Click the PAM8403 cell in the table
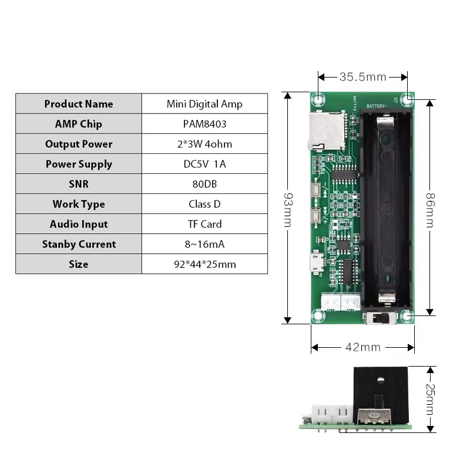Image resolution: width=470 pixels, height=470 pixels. [x=204, y=124]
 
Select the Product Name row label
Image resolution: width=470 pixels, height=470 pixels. [x=78, y=104]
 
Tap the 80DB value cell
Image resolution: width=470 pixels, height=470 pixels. [x=204, y=184]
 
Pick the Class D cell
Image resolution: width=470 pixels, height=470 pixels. [x=204, y=204]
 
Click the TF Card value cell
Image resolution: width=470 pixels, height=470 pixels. [x=204, y=224]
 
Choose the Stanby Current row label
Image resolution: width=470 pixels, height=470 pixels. [x=78, y=244]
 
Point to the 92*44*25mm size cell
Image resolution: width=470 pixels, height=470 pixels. [x=204, y=264]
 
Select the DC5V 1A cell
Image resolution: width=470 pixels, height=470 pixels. [x=204, y=164]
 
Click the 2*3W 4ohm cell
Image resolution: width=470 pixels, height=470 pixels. [x=204, y=144]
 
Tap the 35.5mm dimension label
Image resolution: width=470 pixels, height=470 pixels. [x=362, y=76]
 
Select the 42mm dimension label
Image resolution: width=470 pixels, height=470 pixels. [x=362, y=347]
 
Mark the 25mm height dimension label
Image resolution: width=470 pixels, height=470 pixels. [x=430, y=399]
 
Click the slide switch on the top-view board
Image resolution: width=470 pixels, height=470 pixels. [x=377, y=320]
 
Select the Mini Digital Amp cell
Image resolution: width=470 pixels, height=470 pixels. [x=204, y=104]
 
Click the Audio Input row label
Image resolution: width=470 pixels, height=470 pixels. [x=78, y=224]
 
